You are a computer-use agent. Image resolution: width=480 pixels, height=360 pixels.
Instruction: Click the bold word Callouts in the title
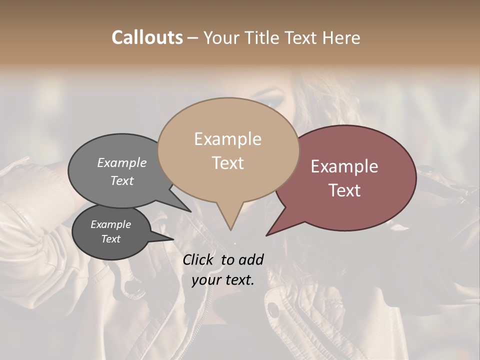click(147, 37)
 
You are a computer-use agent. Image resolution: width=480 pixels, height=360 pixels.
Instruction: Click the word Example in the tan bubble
click(227, 139)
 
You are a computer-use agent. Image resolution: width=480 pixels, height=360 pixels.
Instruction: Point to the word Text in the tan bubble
click(227, 163)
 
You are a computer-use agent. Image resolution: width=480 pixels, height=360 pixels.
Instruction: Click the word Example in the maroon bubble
click(344, 166)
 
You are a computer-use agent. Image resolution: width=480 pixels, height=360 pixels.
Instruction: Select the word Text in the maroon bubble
click(344, 190)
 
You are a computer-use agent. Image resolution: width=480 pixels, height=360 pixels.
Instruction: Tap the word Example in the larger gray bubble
click(122, 162)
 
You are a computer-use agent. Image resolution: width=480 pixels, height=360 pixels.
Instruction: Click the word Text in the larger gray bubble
click(122, 180)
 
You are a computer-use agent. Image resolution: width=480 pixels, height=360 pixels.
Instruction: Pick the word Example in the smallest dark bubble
click(111, 224)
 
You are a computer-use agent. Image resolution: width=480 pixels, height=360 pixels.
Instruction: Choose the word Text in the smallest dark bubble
click(111, 239)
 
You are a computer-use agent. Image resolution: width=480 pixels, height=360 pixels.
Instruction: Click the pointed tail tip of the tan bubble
click(230, 230)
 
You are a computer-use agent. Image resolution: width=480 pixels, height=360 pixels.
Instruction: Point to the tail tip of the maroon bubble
click(266, 235)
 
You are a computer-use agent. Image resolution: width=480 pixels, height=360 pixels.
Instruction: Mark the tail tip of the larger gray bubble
click(190, 211)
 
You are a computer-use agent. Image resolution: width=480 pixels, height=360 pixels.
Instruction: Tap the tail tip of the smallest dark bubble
click(173, 239)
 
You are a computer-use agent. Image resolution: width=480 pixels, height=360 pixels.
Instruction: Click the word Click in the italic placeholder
click(199, 259)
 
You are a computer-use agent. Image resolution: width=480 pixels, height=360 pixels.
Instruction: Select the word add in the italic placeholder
click(251, 259)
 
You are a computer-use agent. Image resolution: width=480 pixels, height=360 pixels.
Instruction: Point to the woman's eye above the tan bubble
click(274, 101)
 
